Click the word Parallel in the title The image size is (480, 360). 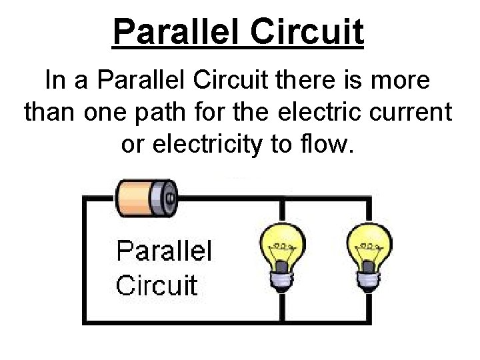[x=178, y=31]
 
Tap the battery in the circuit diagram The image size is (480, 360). [x=146, y=197]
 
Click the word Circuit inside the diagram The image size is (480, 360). [x=157, y=285]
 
